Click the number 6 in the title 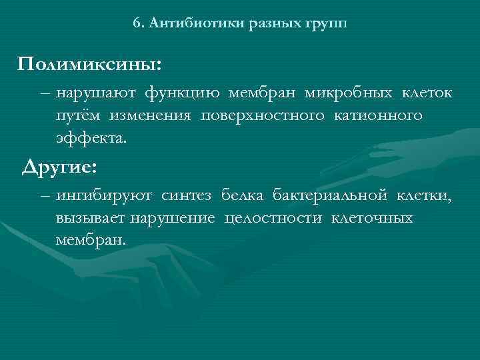[136, 23]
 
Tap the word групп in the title [326, 24]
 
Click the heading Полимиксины [89, 65]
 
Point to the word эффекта [90, 140]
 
